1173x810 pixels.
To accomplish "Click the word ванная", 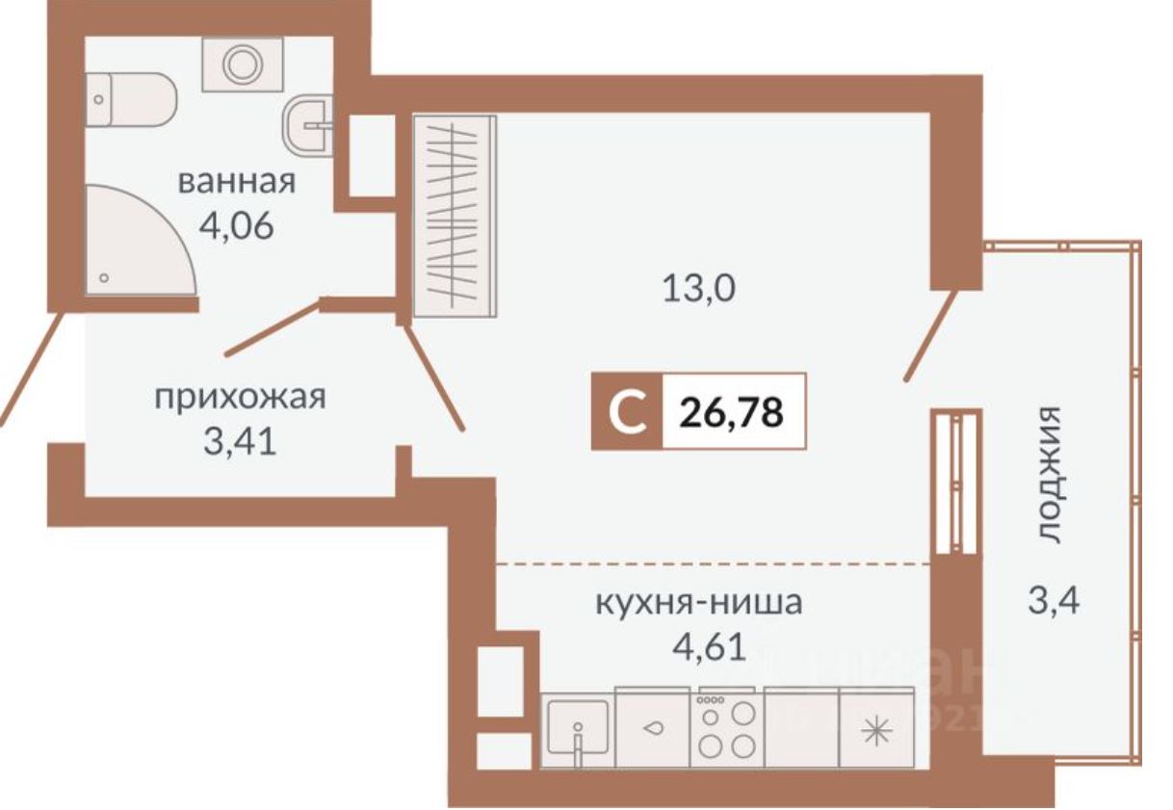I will tap(235, 182).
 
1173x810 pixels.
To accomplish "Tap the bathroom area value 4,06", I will tap(236, 227).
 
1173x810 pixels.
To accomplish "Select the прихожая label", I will tap(241, 397).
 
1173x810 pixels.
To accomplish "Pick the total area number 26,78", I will tap(732, 411).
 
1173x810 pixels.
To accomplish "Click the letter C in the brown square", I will tap(627, 411).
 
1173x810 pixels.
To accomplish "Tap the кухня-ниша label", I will tap(698, 605).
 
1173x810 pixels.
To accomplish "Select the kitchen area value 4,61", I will tap(708, 646).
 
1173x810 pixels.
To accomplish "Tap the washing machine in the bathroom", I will tap(241, 65).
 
